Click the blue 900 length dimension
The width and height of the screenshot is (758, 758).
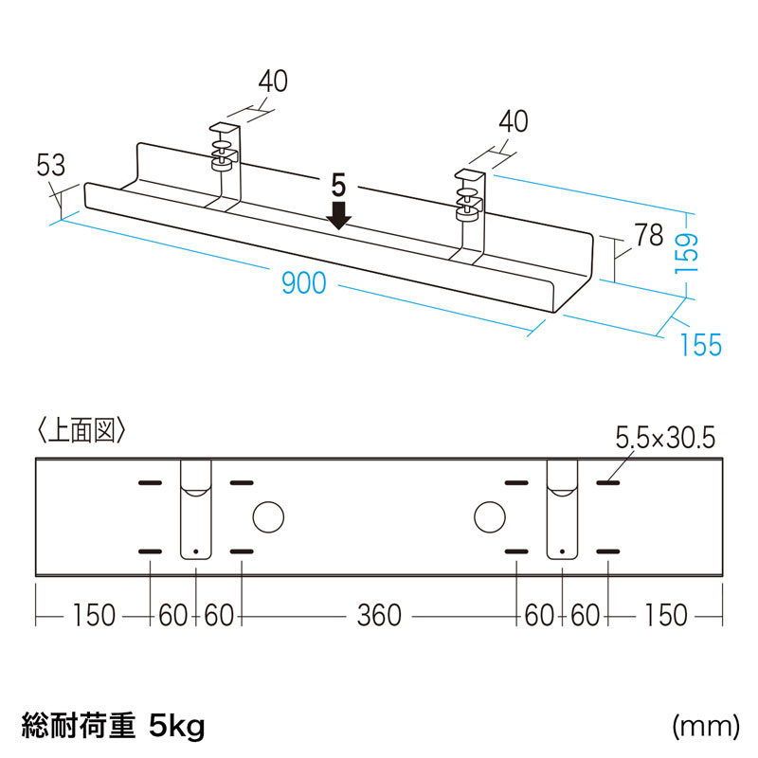(303, 281)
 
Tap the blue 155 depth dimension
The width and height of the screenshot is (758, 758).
(700, 345)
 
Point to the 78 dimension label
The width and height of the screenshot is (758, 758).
(649, 235)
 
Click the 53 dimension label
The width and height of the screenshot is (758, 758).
(49, 167)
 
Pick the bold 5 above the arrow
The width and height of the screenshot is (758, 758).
(339, 182)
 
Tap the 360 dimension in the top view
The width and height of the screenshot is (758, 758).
(379, 616)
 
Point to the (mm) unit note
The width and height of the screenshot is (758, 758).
(705, 727)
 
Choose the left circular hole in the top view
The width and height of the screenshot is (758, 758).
(268, 516)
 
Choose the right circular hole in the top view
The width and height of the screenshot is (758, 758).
(490, 516)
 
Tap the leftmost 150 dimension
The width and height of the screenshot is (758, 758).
(93, 616)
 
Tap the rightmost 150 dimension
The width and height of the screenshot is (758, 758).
(664, 616)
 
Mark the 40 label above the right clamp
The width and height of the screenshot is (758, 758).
(512, 123)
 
